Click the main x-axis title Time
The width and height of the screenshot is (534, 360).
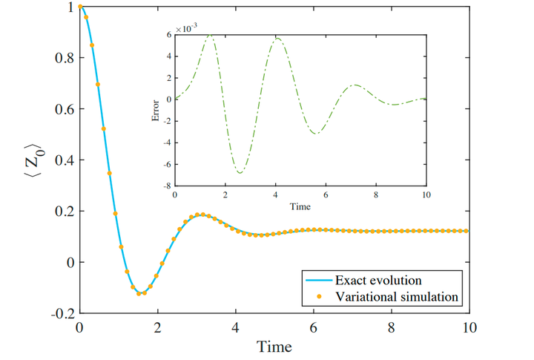point(274,347)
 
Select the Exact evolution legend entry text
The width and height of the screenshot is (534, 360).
point(378,281)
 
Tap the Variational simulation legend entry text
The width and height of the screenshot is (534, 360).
point(397,297)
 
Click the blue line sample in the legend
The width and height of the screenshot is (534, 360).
point(317,281)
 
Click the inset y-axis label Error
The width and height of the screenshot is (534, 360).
point(156,110)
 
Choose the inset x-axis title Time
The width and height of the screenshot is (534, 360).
point(300,206)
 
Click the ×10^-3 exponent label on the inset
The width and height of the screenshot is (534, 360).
point(186,27)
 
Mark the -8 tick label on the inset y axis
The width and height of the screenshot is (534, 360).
point(168,186)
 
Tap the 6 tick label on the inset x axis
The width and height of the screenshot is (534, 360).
point(326,194)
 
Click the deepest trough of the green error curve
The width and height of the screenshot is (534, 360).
point(240,173)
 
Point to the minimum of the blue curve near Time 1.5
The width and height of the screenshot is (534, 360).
point(139,294)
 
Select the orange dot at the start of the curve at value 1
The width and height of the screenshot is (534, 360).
point(80,7)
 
